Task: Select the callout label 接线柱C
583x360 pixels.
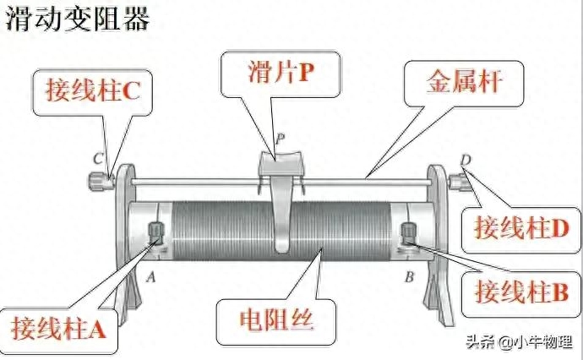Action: coord(93,90)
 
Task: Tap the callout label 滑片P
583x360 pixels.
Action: coord(281,72)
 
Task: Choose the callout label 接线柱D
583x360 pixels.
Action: coord(522,227)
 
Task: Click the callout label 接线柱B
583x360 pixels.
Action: coord(522,292)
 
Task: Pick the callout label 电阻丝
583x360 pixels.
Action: coord(276,319)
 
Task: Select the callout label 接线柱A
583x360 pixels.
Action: coord(59,328)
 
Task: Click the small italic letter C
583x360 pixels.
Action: coord(98,159)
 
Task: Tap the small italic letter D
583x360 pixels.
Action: coord(466,160)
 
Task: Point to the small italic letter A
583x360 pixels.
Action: coord(150,276)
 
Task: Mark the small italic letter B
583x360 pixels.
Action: coord(409,276)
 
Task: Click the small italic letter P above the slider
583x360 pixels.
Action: coord(280,139)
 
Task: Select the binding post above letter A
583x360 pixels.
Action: coord(156,233)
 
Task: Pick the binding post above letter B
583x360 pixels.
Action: coord(408,233)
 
